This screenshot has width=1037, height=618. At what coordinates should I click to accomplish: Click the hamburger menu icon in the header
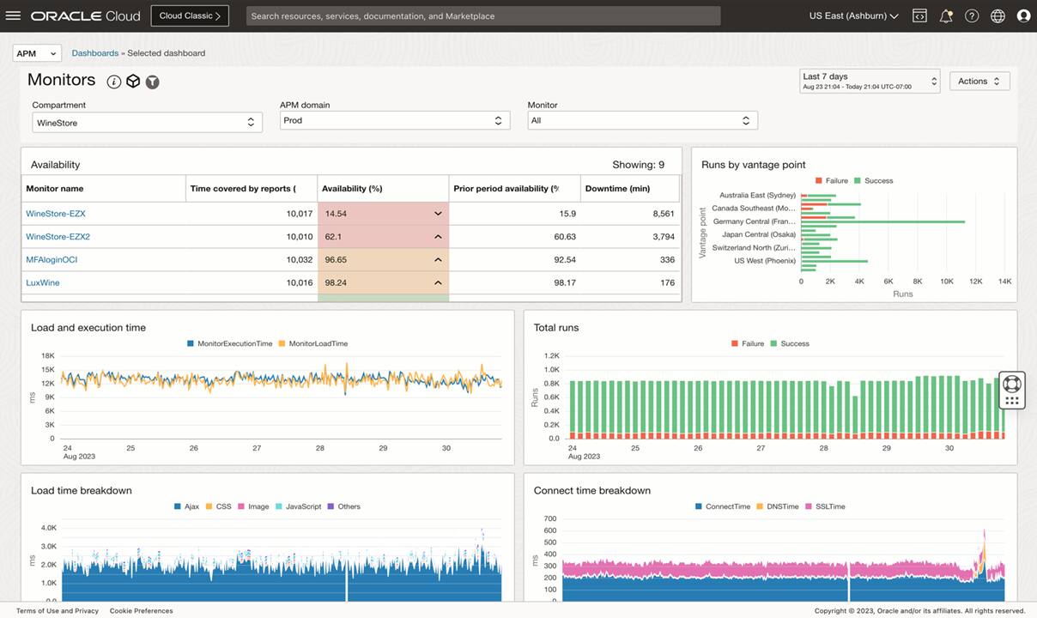(13, 15)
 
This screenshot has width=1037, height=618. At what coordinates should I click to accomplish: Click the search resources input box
(482, 15)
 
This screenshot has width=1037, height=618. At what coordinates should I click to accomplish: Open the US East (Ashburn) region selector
(853, 15)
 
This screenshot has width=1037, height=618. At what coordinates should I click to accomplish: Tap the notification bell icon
(945, 15)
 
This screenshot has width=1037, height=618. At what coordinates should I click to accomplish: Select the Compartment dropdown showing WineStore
(147, 123)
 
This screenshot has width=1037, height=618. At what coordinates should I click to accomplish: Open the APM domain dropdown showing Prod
(395, 121)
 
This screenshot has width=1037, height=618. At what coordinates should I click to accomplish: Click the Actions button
(979, 81)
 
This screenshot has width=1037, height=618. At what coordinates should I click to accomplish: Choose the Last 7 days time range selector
(869, 81)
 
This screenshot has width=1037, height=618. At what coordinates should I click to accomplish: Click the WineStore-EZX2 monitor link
(58, 236)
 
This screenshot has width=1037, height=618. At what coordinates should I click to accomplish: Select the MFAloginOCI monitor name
(52, 259)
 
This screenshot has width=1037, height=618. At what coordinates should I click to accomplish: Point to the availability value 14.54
(336, 214)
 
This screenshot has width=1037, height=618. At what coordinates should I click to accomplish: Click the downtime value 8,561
(663, 214)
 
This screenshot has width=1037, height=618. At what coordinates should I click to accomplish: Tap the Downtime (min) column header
(617, 189)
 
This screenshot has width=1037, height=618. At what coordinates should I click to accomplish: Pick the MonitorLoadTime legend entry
(318, 343)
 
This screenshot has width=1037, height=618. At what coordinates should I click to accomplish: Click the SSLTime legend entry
(829, 506)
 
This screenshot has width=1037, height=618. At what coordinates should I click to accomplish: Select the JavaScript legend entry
(303, 506)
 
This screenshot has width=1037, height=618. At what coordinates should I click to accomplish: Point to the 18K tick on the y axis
(48, 355)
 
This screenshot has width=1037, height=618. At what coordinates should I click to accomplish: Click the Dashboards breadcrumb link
(94, 53)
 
